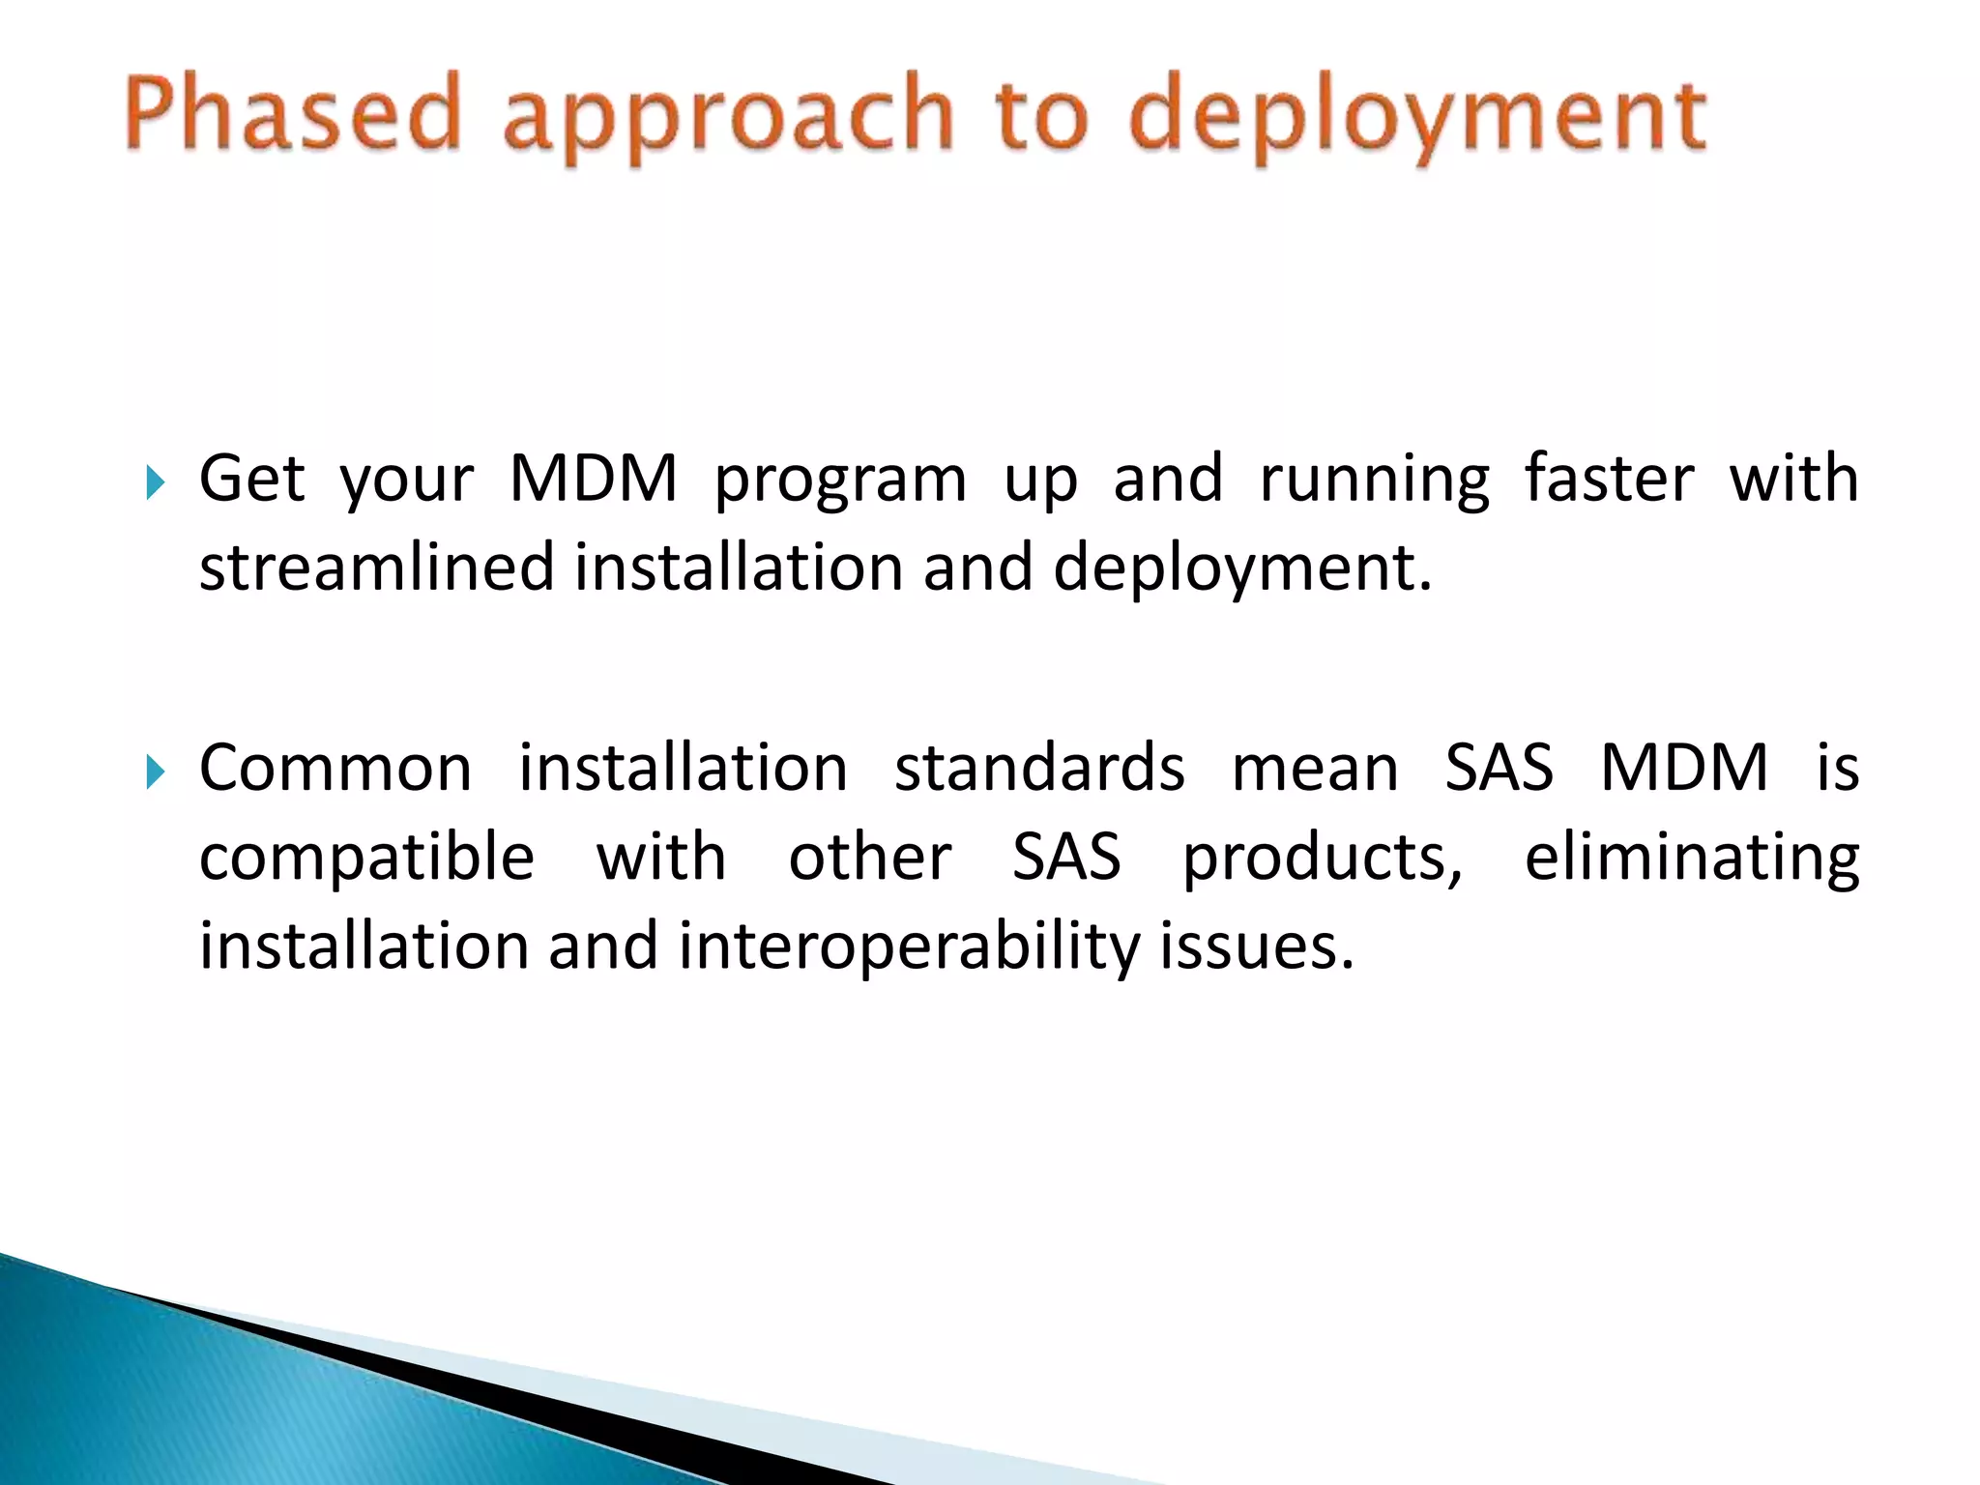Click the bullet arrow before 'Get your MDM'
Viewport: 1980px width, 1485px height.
click(x=155, y=480)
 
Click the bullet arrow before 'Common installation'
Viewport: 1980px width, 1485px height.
click(x=155, y=772)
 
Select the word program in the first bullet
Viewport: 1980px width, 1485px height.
click(x=839, y=481)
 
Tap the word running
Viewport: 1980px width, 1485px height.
click(x=1374, y=481)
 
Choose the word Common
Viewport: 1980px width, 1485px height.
click(x=335, y=769)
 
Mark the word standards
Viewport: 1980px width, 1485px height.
click(x=1039, y=769)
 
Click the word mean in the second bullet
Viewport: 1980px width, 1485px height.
click(x=1315, y=769)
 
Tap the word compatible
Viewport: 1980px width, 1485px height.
click(x=366, y=859)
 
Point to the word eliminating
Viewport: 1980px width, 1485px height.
click(x=1691, y=859)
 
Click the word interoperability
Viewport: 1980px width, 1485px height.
click(x=909, y=947)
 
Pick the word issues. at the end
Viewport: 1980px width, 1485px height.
click(x=1257, y=947)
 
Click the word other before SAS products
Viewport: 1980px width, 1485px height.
click(x=869, y=859)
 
